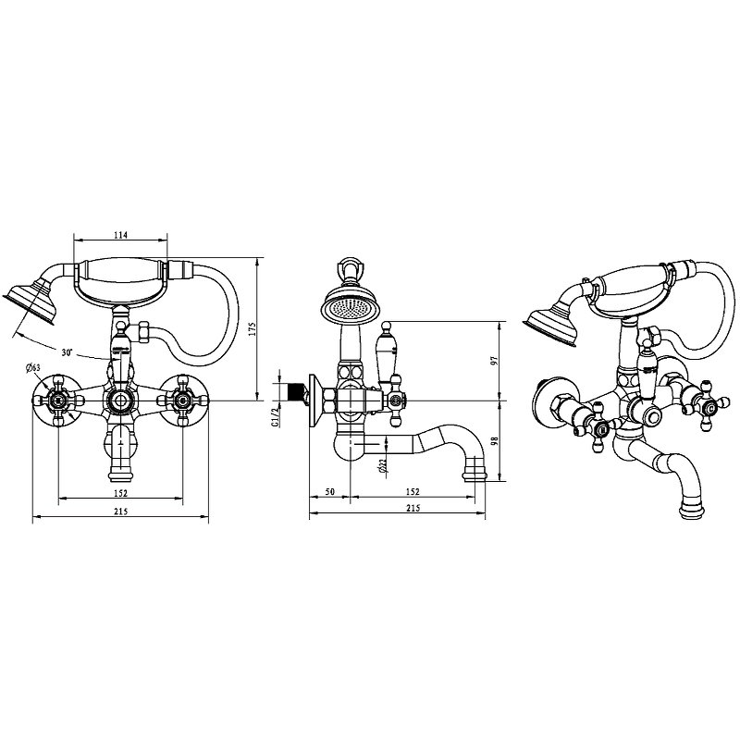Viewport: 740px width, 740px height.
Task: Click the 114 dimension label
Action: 121,235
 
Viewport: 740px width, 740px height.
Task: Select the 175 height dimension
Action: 252,329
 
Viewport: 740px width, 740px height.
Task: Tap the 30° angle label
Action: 67,352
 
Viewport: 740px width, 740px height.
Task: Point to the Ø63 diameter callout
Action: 33,367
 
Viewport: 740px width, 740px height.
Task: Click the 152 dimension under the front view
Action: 121,493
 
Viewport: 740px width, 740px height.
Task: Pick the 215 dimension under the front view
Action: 121,512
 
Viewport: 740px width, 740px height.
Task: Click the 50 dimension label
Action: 330,492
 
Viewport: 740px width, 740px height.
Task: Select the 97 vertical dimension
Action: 494,361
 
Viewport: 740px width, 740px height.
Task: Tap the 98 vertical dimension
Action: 494,441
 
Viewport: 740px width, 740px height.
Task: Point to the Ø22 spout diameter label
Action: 382,465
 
